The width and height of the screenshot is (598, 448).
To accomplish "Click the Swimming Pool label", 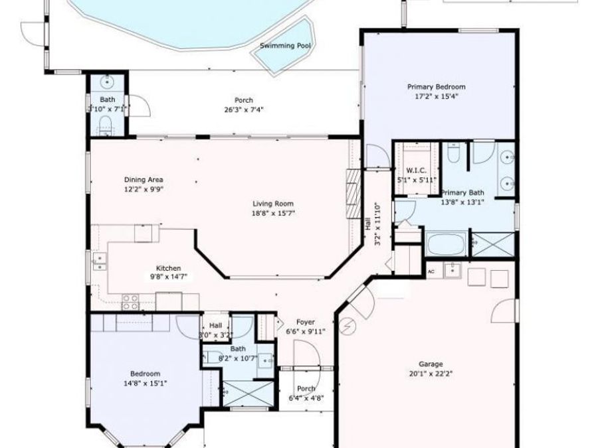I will click(286, 46).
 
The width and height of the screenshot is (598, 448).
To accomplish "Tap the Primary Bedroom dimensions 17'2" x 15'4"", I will click(436, 96).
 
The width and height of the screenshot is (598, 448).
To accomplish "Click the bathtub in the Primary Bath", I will click(447, 244).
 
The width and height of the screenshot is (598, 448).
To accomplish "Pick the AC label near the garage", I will click(431, 271).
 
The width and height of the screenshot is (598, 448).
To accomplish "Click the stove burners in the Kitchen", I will click(130, 302).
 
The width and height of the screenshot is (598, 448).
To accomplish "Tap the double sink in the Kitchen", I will click(99, 262).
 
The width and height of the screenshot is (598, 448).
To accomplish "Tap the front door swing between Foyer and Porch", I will click(307, 355).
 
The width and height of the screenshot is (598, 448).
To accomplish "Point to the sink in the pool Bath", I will click(107, 83).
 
